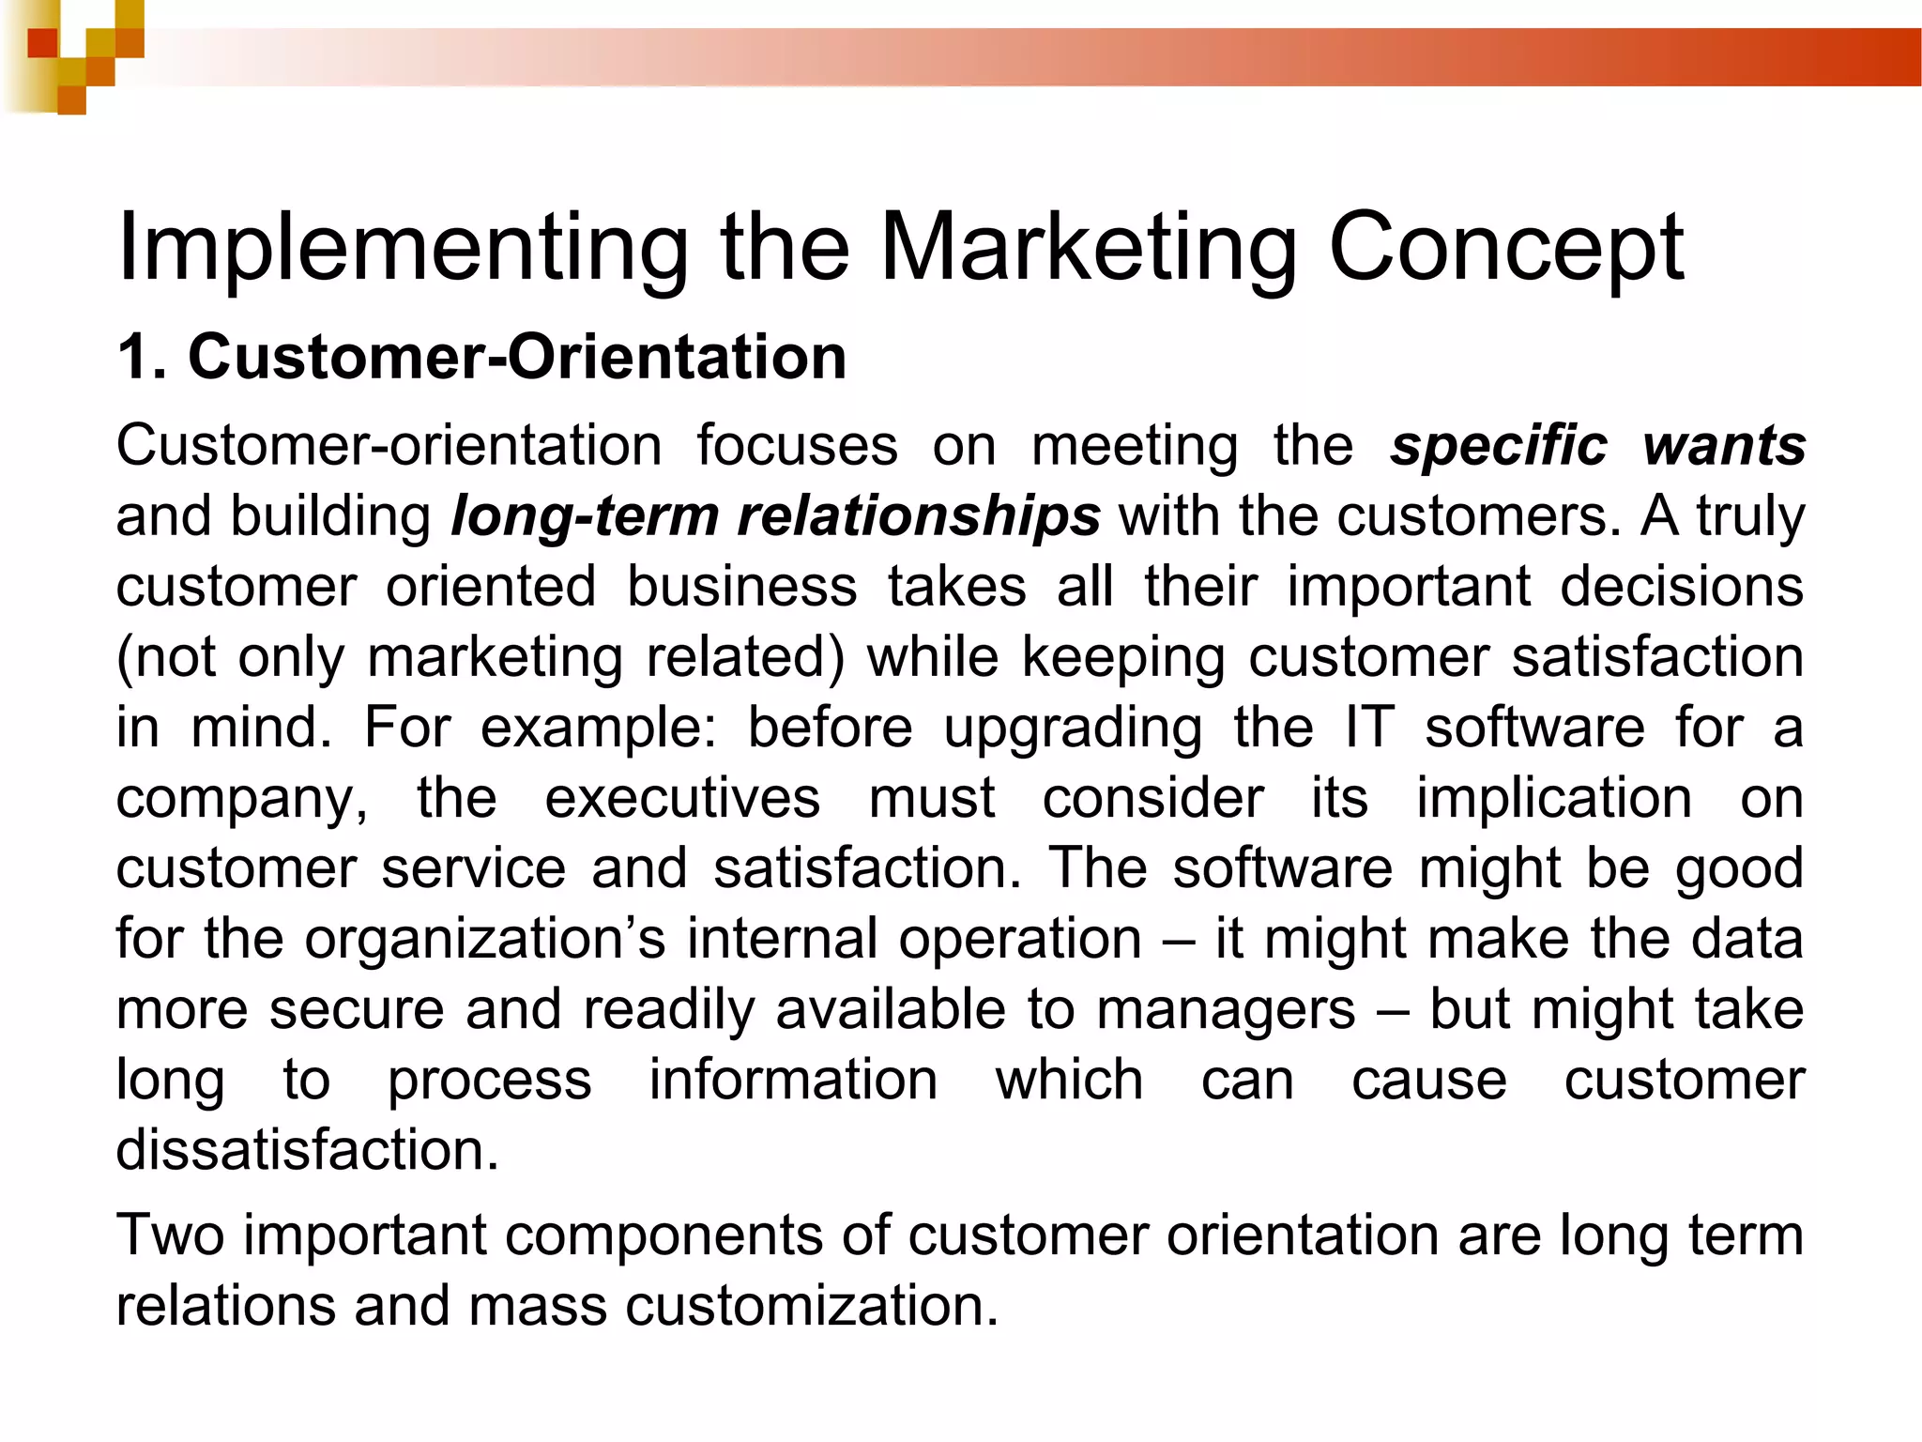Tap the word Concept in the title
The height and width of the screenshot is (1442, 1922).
coord(1505,249)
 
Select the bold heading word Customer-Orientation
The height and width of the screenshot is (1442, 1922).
coord(517,358)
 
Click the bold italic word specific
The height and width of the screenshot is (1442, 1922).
coord(1499,445)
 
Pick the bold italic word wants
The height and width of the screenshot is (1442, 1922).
coord(1724,445)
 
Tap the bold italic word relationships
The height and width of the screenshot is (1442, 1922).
coord(917,516)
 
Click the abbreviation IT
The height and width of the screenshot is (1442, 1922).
coord(1369,728)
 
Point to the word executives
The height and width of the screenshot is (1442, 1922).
coord(682,798)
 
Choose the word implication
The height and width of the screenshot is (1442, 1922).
coord(1554,798)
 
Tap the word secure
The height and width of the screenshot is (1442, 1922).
coord(357,1009)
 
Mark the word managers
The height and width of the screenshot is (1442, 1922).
coord(1226,1010)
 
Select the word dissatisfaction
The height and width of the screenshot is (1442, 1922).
coord(307,1150)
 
